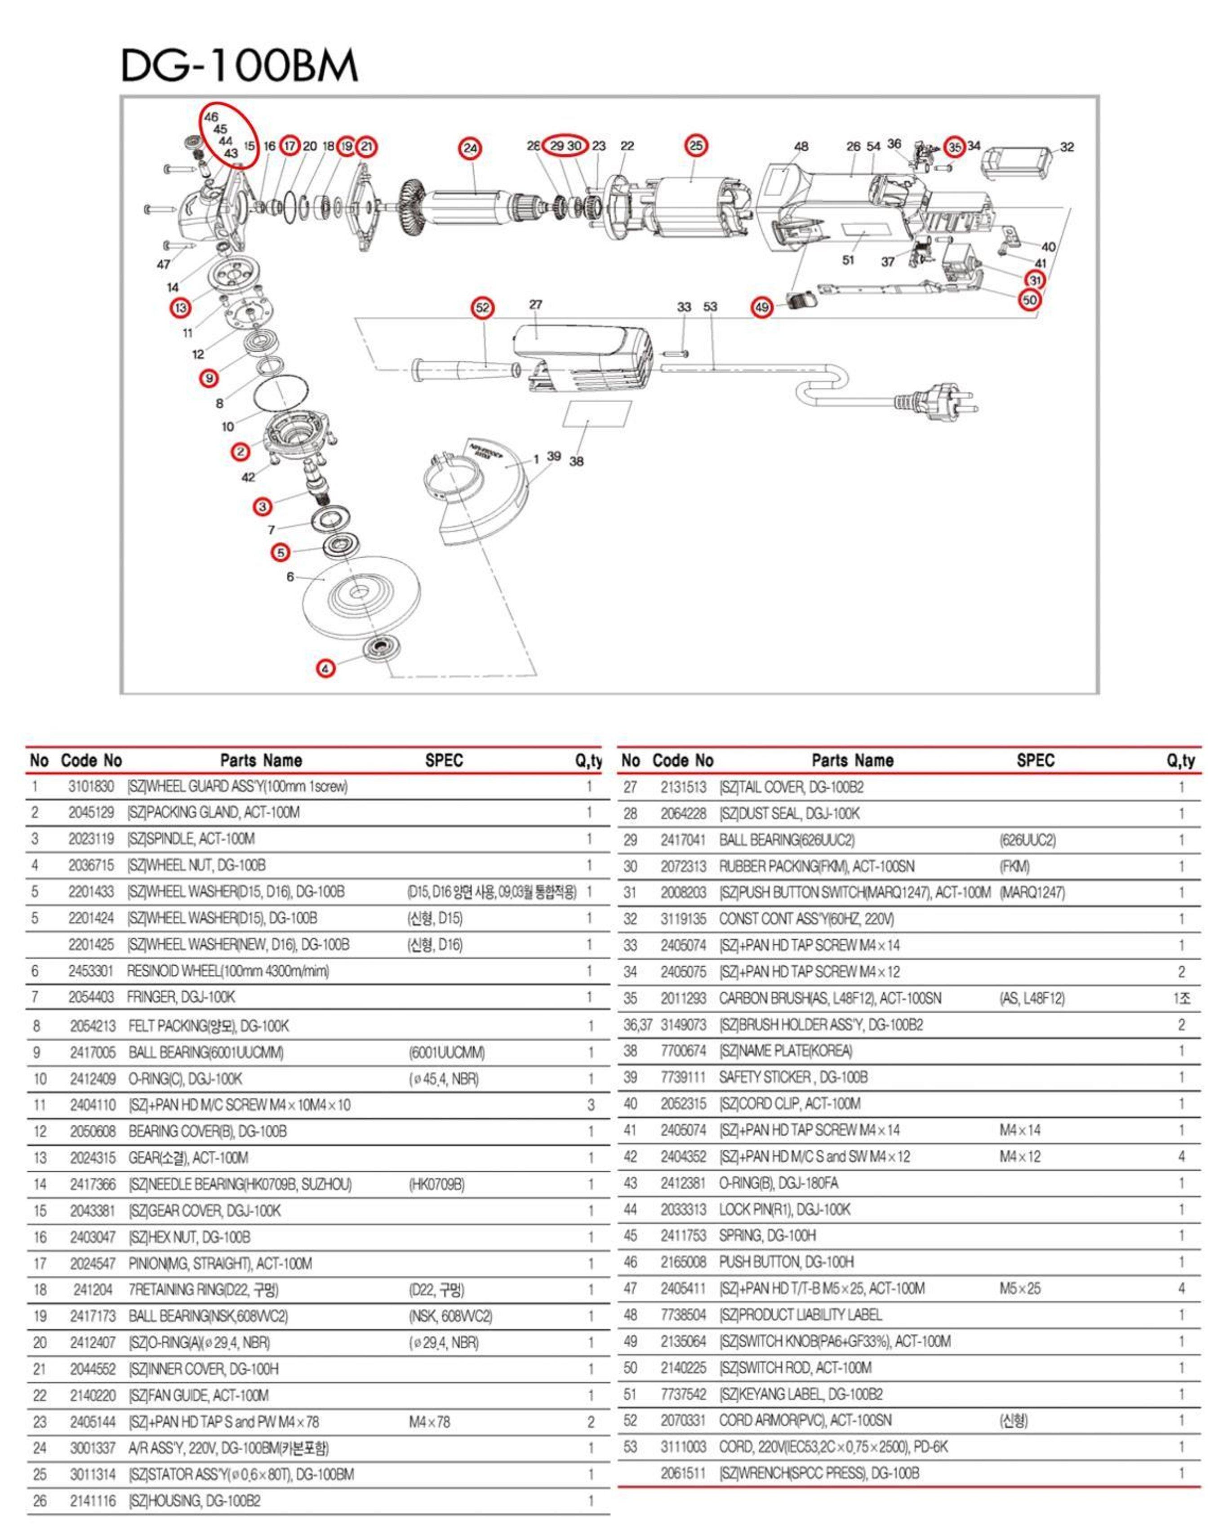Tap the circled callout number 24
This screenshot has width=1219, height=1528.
pyautogui.click(x=470, y=148)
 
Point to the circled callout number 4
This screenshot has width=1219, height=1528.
pyautogui.click(x=325, y=668)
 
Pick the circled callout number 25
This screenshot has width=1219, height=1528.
pyautogui.click(x=696, y=145)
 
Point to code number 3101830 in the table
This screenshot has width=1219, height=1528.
pyautogui.click(x=91, y=786)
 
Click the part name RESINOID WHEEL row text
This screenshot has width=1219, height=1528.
pyautogui.click(x=227, y=971)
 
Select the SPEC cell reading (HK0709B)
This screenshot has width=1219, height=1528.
pyautogui.click(x=436, y=1184)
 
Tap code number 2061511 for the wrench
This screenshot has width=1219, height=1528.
pyautogui.click(x=683, y=1474)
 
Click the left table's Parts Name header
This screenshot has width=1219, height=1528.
pyautogui.click(x=261, y=760)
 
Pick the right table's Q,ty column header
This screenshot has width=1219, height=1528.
pyautogui.click(x=1180, y=760)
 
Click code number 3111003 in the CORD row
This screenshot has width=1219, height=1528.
pyautogui.click(x=683, y=1447)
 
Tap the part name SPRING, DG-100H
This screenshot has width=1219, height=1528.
pyautogui.click(x=768, y=1235)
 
